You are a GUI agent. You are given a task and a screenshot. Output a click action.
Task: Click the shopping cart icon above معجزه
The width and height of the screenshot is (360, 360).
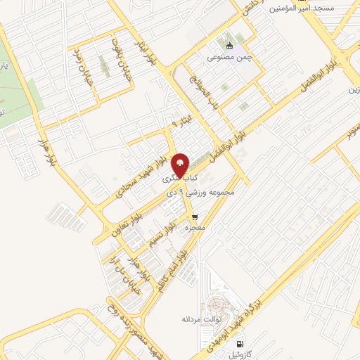click(195, 217)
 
